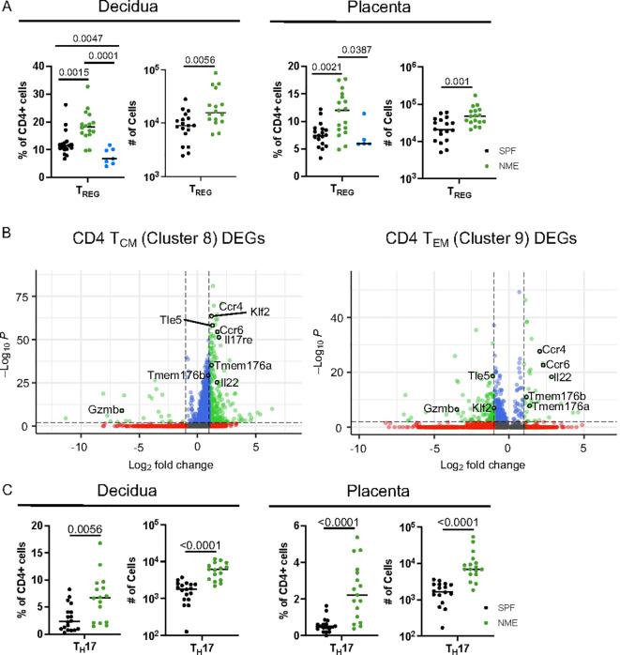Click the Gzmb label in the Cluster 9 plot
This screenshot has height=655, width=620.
(436, 409)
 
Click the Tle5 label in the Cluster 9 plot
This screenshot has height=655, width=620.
(480, 375)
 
